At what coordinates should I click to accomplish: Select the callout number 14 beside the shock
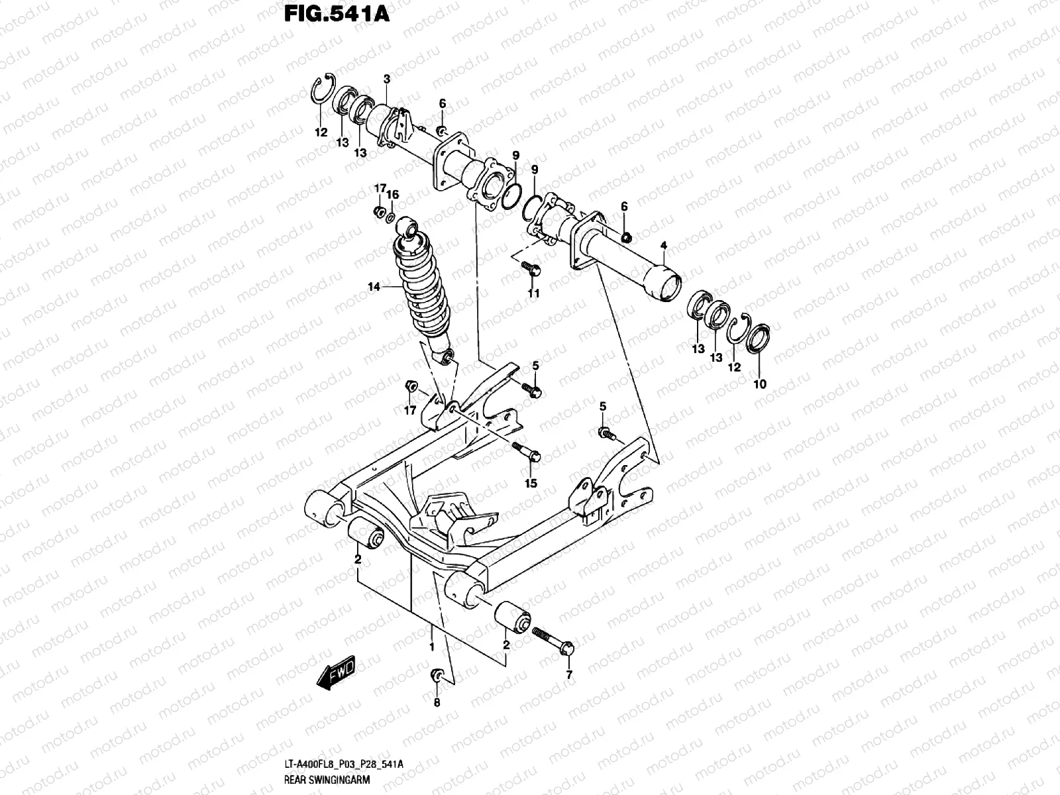[374, 288]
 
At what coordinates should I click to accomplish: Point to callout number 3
[387, 79]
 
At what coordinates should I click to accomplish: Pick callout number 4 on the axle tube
[664, 246]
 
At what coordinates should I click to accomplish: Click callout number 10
[759, 384]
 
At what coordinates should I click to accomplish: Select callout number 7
[568, 676]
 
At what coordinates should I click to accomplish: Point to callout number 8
[437, 703]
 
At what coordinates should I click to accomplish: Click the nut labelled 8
[437, 675]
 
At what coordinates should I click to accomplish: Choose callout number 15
[531, 484]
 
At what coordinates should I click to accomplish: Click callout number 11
[533, 293]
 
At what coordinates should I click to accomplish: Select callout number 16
[393, 194]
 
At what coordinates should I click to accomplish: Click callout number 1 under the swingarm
[431, 647]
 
